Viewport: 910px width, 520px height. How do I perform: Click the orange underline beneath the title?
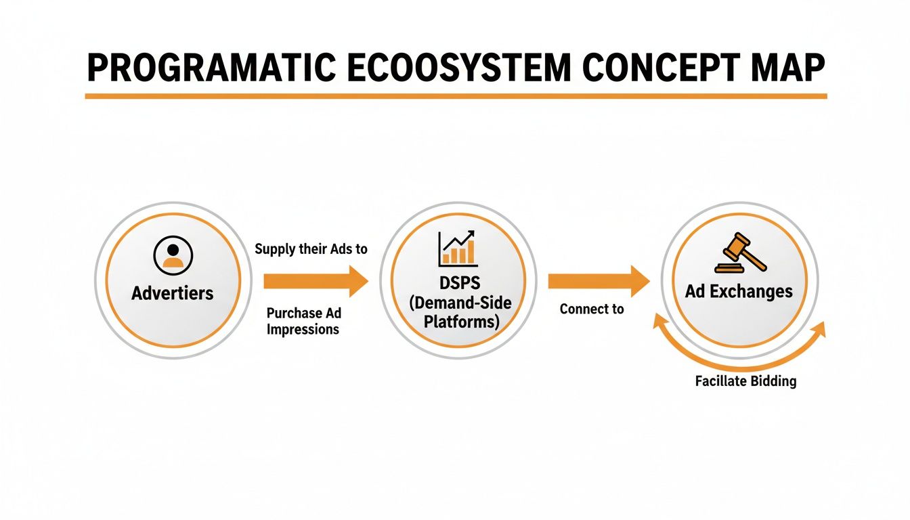[455, 96]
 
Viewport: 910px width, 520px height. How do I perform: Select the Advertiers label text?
[172, 292]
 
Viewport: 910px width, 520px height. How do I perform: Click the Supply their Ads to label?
[311, 249]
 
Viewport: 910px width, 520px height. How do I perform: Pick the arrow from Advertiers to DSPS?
[315, 281]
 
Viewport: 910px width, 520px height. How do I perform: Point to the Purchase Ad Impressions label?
[303, 321]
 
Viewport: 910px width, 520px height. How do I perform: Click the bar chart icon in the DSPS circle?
[458, 249]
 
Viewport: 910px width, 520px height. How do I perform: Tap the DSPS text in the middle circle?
[457, 281]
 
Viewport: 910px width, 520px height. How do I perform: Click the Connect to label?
[591, 309]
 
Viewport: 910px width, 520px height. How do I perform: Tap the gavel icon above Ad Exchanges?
[740, 254]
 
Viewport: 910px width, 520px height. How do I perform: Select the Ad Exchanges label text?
[738, 291]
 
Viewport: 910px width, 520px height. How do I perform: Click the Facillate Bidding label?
[745, 381]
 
